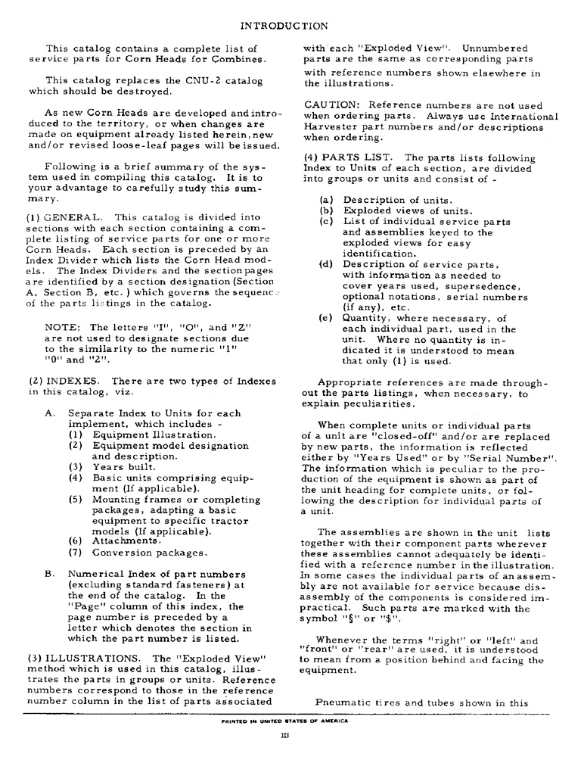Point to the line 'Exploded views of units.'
(398, 210)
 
